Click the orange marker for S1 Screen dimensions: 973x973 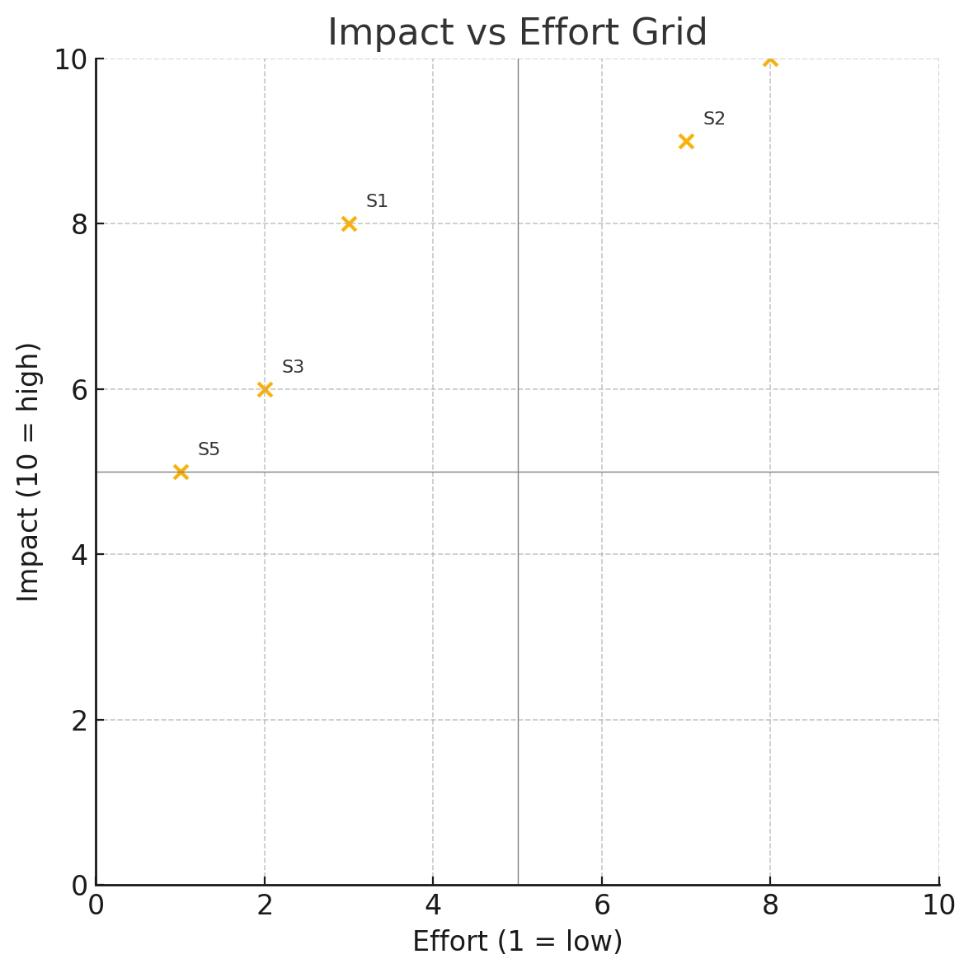tap(350, 224)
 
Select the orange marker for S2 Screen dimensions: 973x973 tap(686, 142)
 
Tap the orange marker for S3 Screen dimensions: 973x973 tap(265, 390)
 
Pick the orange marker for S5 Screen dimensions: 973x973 tap(181, 472)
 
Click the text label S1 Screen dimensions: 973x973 tap(377, 201)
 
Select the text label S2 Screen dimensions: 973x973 tap(714, 119)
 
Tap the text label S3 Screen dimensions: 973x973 tap(293, 367)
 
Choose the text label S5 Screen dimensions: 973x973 tap(209, 449)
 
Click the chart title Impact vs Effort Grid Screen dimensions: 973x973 tap(518, 32)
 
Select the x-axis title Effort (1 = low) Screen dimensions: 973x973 tap(518, 942)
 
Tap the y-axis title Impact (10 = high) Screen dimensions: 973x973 tap(29, 472)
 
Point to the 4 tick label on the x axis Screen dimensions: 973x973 tap(433, 905)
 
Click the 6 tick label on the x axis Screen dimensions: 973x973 tap(602, 905)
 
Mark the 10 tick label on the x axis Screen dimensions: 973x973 tap(939, 905)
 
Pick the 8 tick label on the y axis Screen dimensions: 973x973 tap(79, 224)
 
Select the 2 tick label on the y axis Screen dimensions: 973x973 tap(79, 721)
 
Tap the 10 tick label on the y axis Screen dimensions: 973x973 tap(71, 59)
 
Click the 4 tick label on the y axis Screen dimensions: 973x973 tap(79, 555)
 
